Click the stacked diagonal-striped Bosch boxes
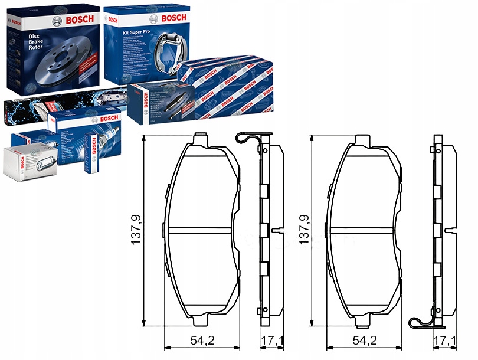click(x=230, y=86)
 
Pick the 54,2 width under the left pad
click(x=202, y=341)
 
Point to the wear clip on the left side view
click(x=248, y=138)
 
